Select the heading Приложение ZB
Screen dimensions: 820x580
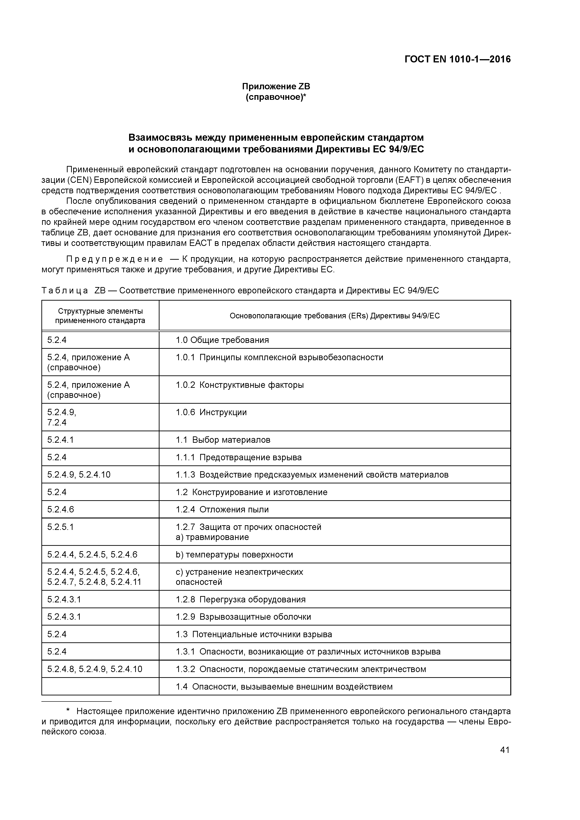276,86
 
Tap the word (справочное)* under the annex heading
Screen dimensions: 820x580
276,97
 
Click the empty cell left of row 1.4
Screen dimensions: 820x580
100,687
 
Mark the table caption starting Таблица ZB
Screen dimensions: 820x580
240,290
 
